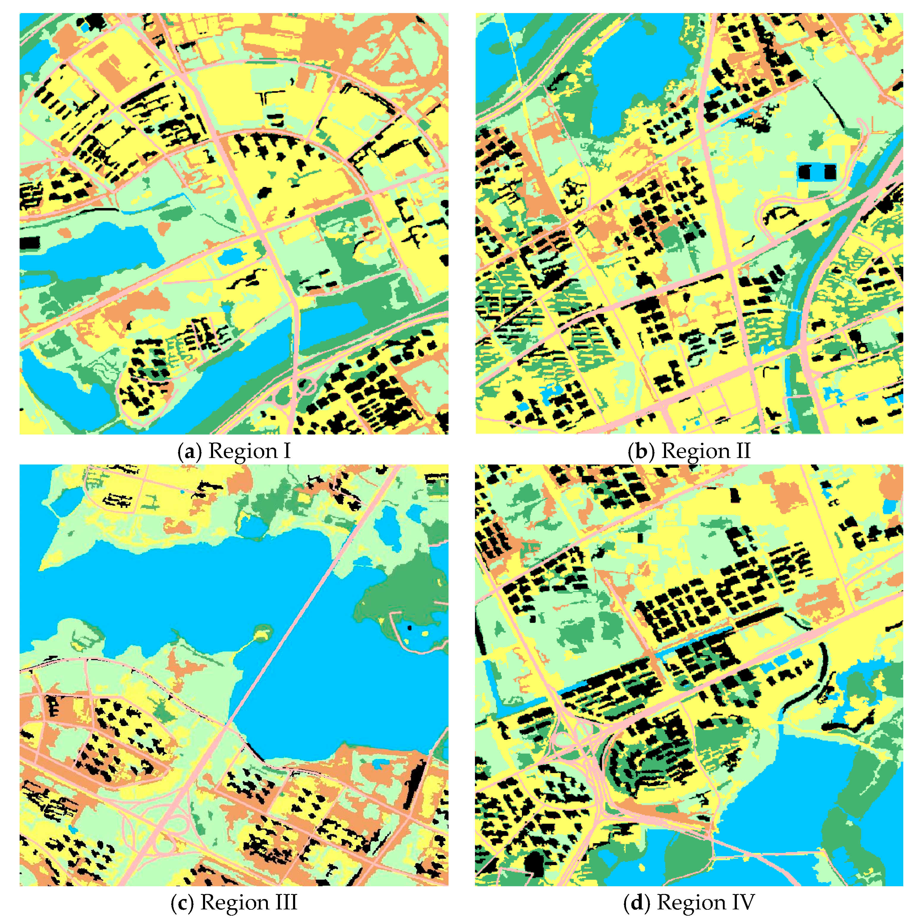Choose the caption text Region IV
[705, 902]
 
